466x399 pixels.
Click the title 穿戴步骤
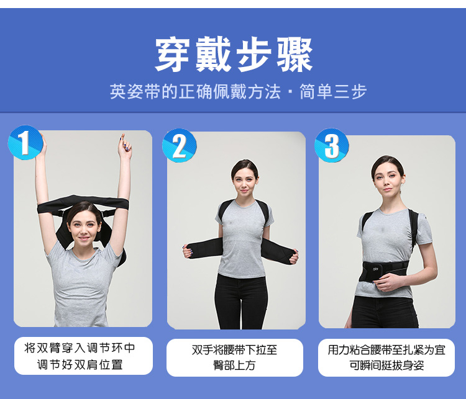(234, 55)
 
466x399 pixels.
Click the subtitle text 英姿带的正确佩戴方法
(195, 91)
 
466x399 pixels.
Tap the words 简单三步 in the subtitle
(333, 91)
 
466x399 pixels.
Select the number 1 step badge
(25, 143)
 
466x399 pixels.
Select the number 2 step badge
(179, 145)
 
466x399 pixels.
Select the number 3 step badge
(332, 145)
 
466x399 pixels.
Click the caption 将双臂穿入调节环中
(80, 347)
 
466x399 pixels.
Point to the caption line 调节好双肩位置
(80, 365)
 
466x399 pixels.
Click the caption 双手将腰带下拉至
(234, 350)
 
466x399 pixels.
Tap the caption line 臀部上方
(234, 365)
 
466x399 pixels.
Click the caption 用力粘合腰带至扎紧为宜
(386, 350)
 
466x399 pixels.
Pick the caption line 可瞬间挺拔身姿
(386, 365)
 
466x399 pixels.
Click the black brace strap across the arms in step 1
(83, 204)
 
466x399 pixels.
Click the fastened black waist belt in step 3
(383, 271)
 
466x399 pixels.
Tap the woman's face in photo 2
(245, 182)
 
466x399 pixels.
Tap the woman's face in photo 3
(387, 179)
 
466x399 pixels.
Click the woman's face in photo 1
(84, 228)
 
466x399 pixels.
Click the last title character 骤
(295, 55)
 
